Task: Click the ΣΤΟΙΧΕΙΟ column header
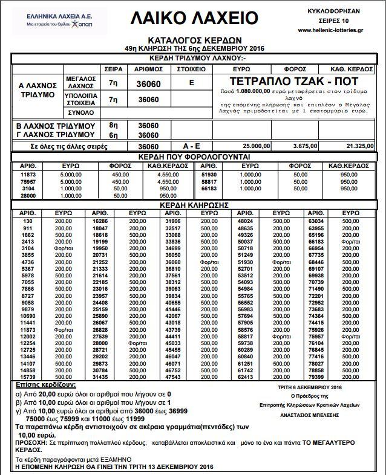click(x=192, y=69)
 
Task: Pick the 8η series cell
click(x=113, y=125)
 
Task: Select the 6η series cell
click(x=113, y=134)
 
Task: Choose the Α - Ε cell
click(x=192, y=147)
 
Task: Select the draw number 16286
click(x=100, y=222)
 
